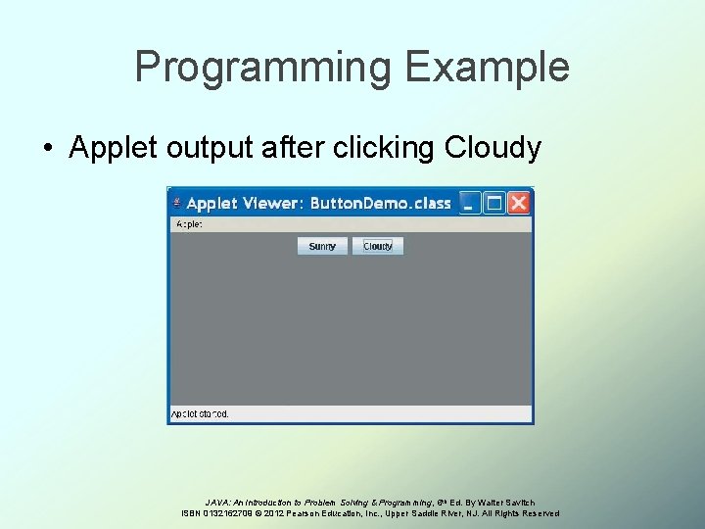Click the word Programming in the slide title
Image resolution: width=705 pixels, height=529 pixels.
point(261,68)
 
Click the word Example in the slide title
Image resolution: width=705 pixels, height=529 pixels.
point(485,68)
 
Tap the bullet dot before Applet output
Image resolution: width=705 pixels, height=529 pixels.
point(47,148)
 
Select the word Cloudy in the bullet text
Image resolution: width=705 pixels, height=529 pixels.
point(493,147)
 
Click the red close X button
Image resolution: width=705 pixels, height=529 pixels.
point(519,203)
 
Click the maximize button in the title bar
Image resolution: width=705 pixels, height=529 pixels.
point(494,203)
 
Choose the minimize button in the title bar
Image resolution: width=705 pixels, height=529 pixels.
point(471,203)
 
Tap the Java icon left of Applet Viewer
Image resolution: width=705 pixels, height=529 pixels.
point(177,203)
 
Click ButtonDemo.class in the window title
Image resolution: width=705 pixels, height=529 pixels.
point(381,204)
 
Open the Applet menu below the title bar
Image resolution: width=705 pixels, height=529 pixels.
point(188,223)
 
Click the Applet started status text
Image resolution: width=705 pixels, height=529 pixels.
point(200,414)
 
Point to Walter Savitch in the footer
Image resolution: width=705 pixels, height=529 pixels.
point(508,502)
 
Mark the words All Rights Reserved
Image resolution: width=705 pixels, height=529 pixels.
point(520,513)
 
